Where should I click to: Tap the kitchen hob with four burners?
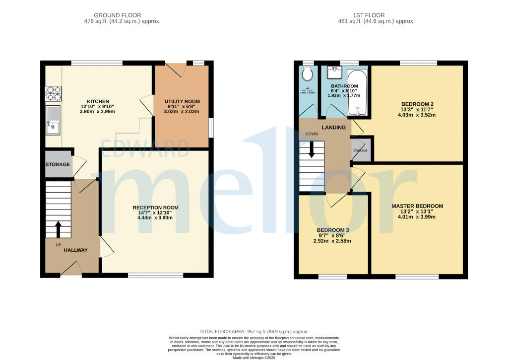[x=53, y=93]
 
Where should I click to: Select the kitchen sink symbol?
[x=53, y=120]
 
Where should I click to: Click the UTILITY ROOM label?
[x=182, y=101]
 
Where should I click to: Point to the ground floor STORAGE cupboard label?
[x=58, y=164]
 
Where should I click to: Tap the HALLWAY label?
[x=75, y=250]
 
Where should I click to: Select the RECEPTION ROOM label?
[x=155, y=208]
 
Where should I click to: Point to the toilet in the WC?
[x=308, y=75]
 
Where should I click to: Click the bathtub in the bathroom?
[x=357, y=93]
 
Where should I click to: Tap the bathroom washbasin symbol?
[x=335, y=72]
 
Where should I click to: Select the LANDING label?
[x=334, y=128]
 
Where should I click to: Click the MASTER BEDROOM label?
[x=417, y=206]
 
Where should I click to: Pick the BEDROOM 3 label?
[x=332, y=230]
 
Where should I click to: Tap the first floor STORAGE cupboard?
[x=361, y=150]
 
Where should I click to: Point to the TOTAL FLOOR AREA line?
[x=254, y=332]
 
